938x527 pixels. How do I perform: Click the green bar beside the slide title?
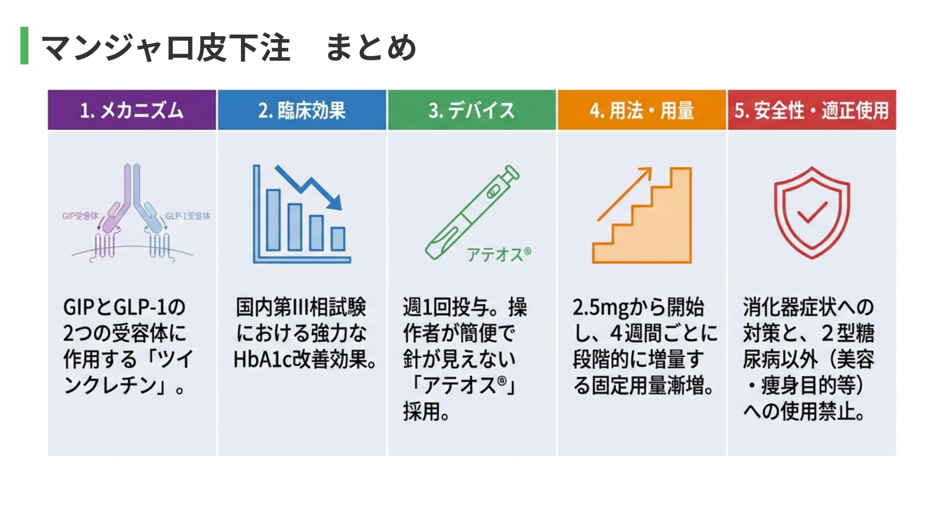tap(24, 45)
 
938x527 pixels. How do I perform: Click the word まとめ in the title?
tap(371, 47)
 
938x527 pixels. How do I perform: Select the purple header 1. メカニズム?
tap(132, 110)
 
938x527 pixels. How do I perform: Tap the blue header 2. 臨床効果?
tap(302, 110)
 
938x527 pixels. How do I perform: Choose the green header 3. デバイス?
tap(472, 110)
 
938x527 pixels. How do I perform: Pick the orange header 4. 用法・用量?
tap(642, 110)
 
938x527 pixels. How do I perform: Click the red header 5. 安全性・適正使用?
tap(812, 110)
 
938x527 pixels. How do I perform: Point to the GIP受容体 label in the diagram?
tap(80, 216)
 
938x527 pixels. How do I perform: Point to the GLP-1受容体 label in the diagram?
tap(188, 216)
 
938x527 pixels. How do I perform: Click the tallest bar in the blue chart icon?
tap(273, 220)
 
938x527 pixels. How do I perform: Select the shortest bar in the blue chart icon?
tap(338, 239)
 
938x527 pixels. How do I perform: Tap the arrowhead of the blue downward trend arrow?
tap(335, 202)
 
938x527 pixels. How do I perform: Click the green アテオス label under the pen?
tap(499, 254)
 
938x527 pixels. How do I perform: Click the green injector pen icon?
tap(472, 212)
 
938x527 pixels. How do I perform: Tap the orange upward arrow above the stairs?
tap(625, 194)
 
